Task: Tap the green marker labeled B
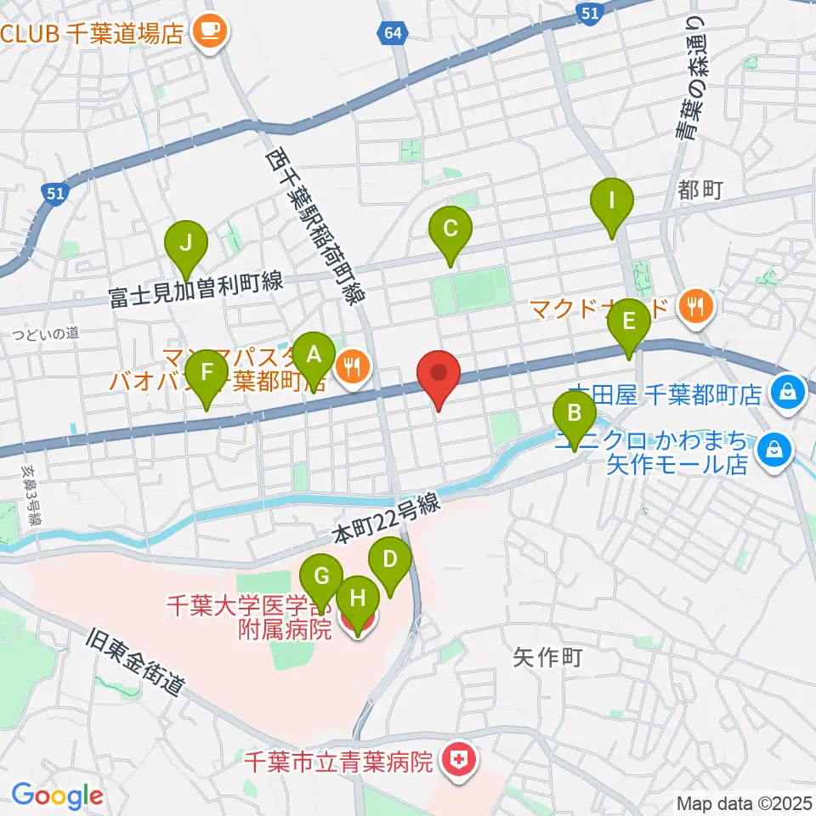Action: [x=575, y=414]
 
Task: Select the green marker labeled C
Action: [x=450, y=229]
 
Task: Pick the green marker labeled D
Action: [x=390, y=559]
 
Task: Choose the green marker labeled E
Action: [x=629, y=321]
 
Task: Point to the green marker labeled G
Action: [x=321, y=576]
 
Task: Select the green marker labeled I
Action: [x=612, y=201]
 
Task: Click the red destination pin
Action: [x=439, y=374]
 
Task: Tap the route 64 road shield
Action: [x=389, y=33]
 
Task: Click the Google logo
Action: [x=57, y=796]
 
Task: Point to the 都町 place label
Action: [x=700, y=190]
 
